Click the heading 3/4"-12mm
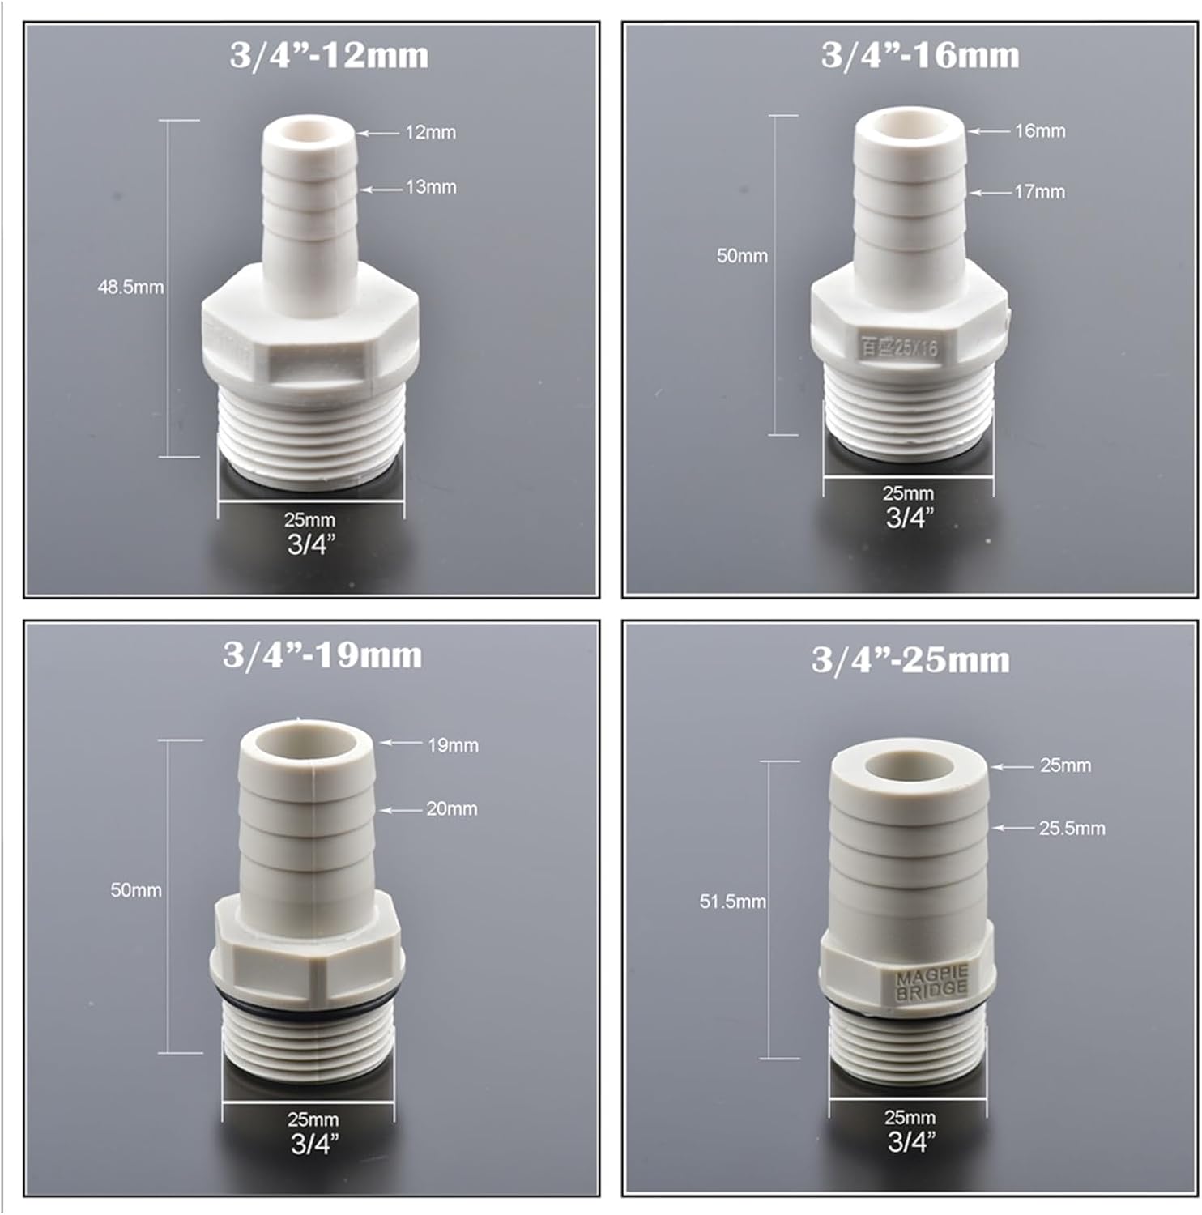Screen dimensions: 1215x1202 pos(329,56)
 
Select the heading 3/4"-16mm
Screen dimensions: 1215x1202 pos(919,56)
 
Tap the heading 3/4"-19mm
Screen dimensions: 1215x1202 pos(322,655)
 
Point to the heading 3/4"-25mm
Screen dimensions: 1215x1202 pos(910,660)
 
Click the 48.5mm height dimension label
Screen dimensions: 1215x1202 pos(130,288)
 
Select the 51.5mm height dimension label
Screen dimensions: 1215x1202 pos(732,902)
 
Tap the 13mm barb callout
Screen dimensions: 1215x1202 pos(431,187)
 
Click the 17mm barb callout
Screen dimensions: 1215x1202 pos(1039,192)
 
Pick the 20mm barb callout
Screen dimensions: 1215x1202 pos(452,808)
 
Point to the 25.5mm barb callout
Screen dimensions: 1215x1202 pos(1072,829)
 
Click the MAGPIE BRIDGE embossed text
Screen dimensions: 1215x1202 pos(931,983)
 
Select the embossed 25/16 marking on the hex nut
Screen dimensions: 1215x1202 pos(898,347)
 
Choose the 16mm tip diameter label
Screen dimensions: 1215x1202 pos(1040,130)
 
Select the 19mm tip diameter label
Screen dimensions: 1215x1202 pos(453,745)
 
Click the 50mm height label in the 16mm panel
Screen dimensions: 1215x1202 pos(742,256)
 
